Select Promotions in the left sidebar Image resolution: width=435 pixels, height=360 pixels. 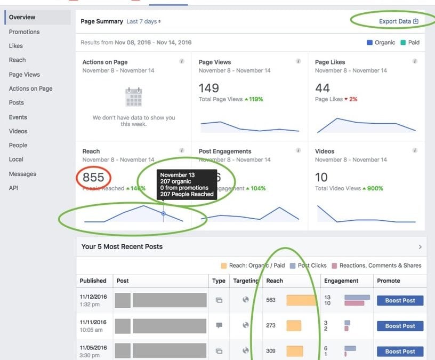[24, 32]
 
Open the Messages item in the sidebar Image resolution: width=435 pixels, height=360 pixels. [22, 174]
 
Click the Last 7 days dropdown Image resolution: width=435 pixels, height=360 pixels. [143, 22]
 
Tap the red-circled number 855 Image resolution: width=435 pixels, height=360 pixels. [93, 178]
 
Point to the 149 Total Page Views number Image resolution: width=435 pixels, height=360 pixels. [209, 88]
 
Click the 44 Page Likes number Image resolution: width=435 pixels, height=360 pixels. [323, 88]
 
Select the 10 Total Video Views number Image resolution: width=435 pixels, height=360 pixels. [321, 178]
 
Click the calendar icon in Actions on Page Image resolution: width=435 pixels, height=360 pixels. [133, 98]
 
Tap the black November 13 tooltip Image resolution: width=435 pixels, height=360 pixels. [187, 185]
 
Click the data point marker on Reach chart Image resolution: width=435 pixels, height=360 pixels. [163, 213]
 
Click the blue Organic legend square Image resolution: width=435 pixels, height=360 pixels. [369, 43]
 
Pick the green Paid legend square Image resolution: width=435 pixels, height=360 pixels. [404, 43]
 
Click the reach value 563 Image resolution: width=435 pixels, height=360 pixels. [271, 300]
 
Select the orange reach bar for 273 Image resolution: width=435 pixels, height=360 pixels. [294, 325]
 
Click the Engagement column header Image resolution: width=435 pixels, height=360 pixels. [341, 281]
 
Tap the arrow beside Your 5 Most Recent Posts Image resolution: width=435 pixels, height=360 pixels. [420, 247]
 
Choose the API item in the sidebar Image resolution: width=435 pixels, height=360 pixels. [14, 188]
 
